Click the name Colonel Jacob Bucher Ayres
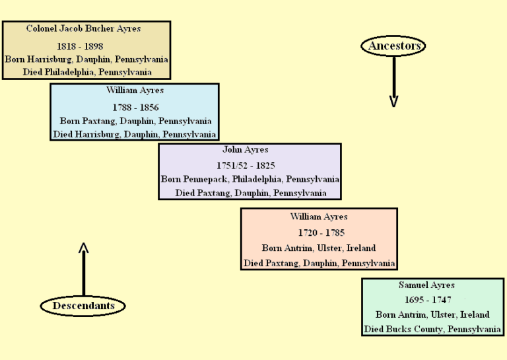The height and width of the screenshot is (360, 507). [x=83, y=29]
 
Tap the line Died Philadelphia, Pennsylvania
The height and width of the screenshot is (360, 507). [x=86, y=71]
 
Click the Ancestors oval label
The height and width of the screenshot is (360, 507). [x=393, y=46]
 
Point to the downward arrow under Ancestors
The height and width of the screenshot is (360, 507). [x=393, y=81]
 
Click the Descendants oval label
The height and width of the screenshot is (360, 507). [x=83, y=306]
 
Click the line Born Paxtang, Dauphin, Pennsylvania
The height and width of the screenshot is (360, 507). [x=135, y=121]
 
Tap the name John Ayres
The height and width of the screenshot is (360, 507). [x=246, y=150]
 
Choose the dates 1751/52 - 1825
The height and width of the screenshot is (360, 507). [x=246, y=165]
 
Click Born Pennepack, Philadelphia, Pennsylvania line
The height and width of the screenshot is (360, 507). [x=250, y=179]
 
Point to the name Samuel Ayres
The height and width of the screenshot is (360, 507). [x=426, y=285]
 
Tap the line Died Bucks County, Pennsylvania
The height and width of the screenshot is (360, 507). [x=432, y=329]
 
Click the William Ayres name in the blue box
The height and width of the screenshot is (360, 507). [x=135, y=90]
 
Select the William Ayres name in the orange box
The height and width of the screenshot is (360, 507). [x=319, y=217]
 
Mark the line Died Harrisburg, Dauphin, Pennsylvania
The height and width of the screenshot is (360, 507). [x=134, y=134]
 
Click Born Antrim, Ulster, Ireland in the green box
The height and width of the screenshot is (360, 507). [x=432, y=314]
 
